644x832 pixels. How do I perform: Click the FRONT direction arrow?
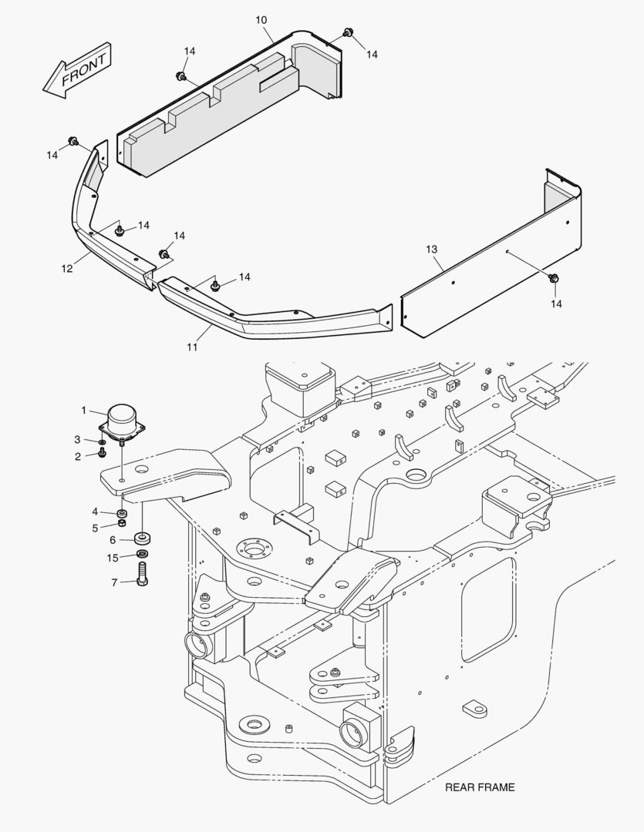[x=77, y=70]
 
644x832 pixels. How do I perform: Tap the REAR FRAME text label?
[x=479, y=787]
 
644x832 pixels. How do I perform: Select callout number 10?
[x=261, y=18]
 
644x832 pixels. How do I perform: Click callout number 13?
[x=431, y=249]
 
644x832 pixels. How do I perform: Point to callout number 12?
[x=67, y=268]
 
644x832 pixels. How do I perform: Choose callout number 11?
[x=191, y=347]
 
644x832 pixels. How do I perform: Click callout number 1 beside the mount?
[x=85, y=410]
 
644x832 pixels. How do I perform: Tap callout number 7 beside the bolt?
[x=114, y=582]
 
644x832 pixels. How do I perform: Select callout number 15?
[x=113, y=557]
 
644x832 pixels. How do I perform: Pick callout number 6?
[x=113, y=540]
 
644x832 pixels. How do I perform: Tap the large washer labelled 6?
[x=142, y=536]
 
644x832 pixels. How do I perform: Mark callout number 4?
[x=95, y=512]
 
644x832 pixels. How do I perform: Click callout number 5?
[x=95, y=528]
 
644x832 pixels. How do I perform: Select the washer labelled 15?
[x=143, y=555]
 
